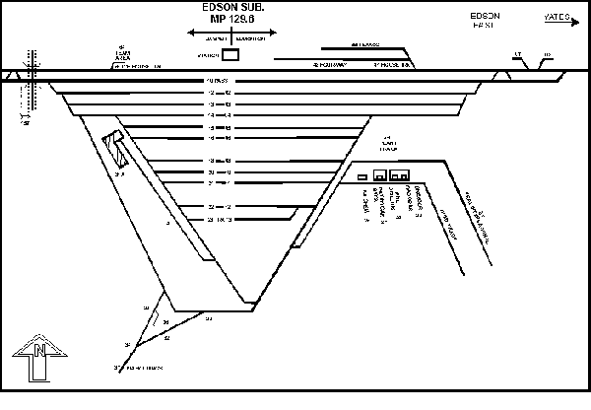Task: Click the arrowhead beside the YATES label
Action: click(581, 17)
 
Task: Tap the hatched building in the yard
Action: click(117, 150)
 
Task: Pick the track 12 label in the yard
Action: click(210, 93)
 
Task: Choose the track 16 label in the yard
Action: click(210, 138)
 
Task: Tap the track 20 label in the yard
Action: click(210, 171)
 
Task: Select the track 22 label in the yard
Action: click(210, 207)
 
